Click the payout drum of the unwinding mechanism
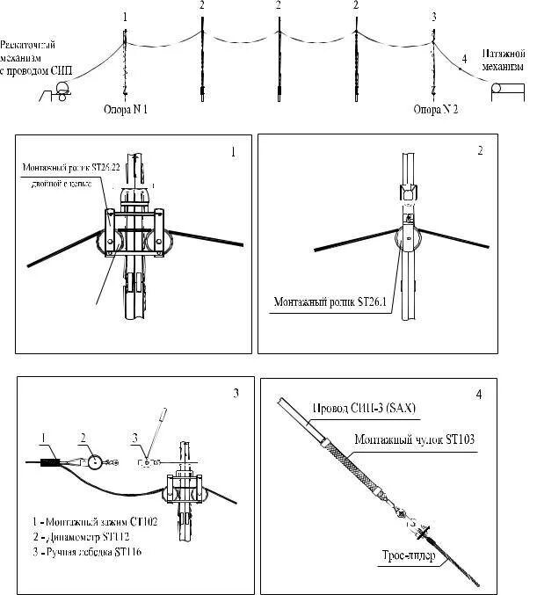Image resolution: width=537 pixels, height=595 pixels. pyautogui.click(x=63, y=87)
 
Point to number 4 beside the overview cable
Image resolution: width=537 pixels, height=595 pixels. pyautogui.click(x=463, y=59)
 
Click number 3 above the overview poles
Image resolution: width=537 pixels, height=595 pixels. pyautogui.click(x=433, y=17)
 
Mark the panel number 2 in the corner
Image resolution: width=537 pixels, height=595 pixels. pyautogui.click(x=480, y=150)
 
